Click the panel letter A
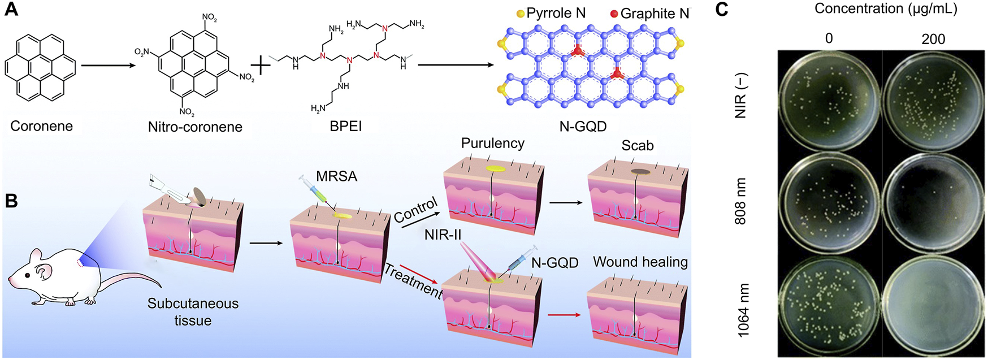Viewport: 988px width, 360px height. [x=11, y=10]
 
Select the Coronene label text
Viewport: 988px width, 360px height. [x=41, y=125]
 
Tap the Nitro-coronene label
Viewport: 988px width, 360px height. [x=195, y=127]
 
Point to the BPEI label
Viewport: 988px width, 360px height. [x=345, y=126]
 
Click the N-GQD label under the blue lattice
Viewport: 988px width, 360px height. [x=583, y=127]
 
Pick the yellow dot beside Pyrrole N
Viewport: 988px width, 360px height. [x=520, y=14]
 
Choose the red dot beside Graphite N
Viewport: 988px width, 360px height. [x=613, y=14]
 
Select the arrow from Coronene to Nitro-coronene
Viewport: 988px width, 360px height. [x=109, y=66]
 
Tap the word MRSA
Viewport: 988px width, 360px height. [x=336, y=176]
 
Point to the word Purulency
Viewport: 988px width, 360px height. [x=492, y=143]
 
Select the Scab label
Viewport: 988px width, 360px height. [x=637, y=145]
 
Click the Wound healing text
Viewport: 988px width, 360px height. [x=640, y=262]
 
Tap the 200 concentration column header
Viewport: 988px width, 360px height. [x=933, y=39]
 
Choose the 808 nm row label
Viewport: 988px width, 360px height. [x=740, y=201]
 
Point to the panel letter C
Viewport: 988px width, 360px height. [x=722, y=10]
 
